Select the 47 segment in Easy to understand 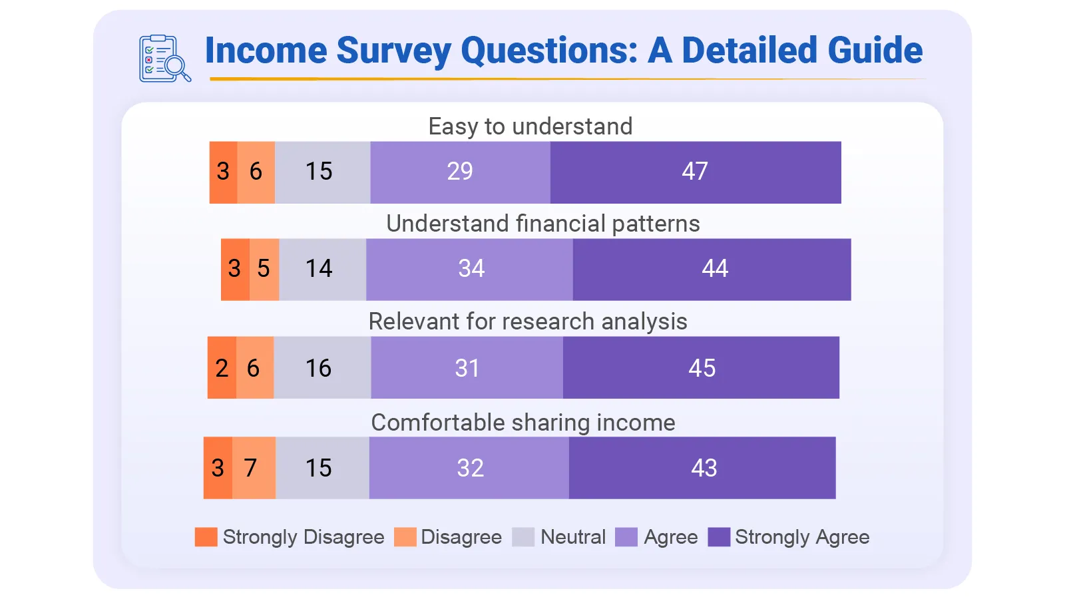(695, 172)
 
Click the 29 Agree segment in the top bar (460, 172)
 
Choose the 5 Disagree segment (264, 269)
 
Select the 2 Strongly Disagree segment (222, 368)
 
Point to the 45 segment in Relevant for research (701, 368)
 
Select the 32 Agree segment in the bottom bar (469, 468)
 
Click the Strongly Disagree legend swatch (206, 537)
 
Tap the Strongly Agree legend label (801, 537)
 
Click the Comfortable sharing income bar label (523, 423)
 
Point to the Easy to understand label (530, 126)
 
